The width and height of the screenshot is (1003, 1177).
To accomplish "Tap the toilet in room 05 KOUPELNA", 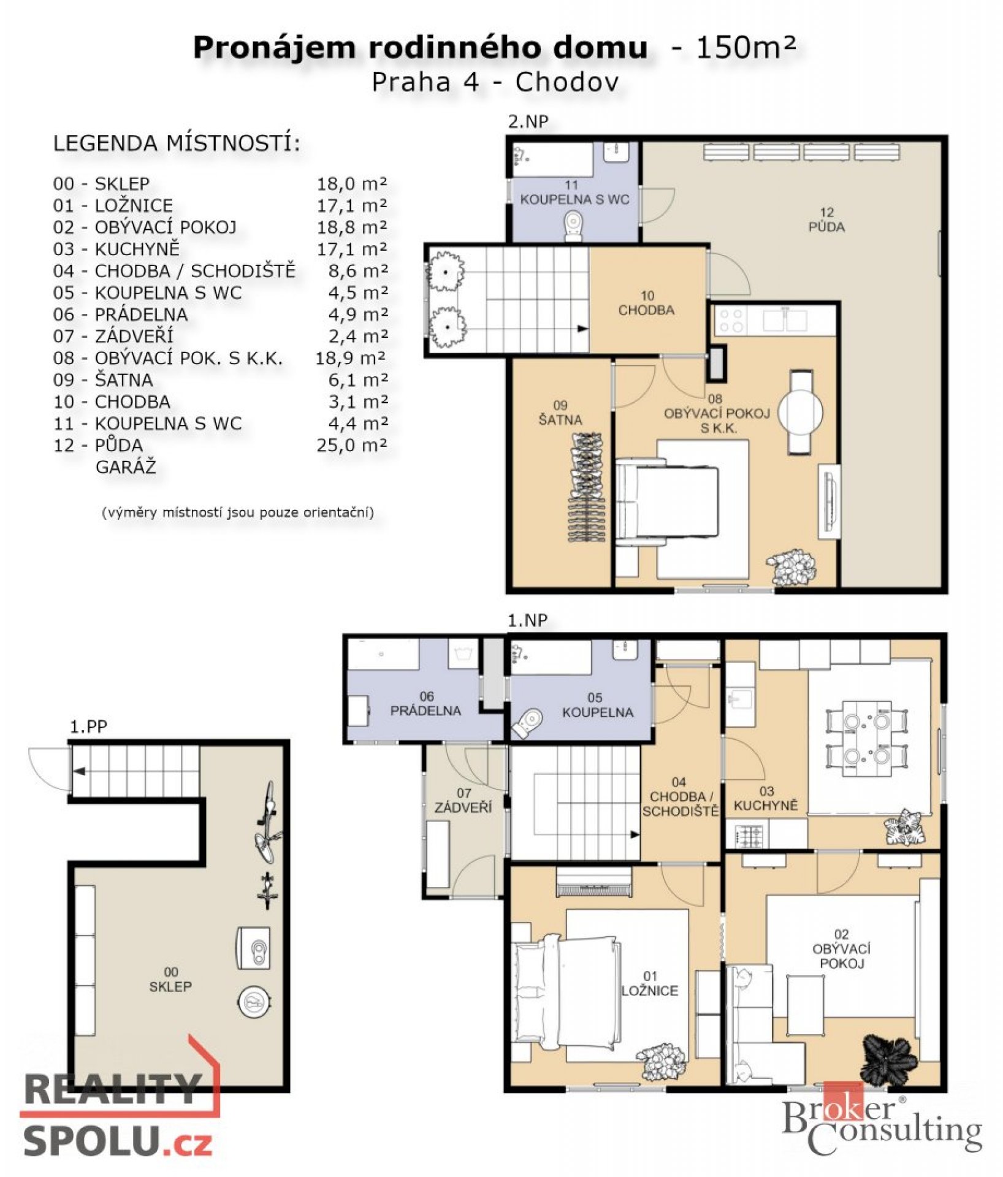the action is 528,723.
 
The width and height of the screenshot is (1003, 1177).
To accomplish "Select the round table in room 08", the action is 801,411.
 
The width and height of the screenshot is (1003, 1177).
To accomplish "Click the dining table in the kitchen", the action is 866,738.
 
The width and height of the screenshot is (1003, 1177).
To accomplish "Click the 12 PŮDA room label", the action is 826,220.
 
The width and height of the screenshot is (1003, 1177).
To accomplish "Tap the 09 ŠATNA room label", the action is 560,413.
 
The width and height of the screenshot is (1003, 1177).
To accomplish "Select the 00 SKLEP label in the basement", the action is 171,979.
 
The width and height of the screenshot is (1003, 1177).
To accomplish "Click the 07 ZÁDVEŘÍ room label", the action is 463,801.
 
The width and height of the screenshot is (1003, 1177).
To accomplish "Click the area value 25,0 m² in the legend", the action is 352,446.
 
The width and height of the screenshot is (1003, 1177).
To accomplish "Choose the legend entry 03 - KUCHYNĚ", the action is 116,248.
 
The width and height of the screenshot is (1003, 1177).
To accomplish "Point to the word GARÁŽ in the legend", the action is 126,467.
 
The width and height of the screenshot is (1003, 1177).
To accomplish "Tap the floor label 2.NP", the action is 528,121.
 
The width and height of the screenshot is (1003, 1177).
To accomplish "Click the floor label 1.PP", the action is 88,727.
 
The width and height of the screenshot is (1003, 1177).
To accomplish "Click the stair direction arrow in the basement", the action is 80,771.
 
